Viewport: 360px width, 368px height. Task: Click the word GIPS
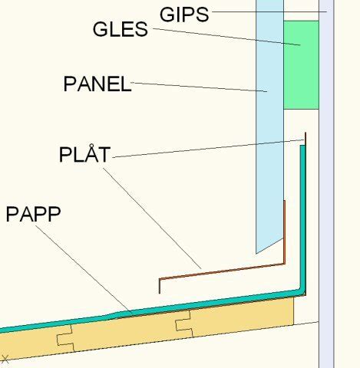click(x=184, y=15)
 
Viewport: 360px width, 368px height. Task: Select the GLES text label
click(x=121, y=29)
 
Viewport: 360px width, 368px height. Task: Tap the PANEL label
click(x=97, y=84)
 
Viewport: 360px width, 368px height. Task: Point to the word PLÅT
click(x=84, y=153)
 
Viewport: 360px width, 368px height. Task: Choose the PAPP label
click(x=33, y=214)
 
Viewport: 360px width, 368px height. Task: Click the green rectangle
click(x=301, y=65)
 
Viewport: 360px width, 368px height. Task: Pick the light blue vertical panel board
click(x=269, y=123)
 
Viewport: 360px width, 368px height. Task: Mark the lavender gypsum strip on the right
click(x=326, y=184)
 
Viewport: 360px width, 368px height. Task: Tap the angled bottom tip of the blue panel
click(x=256, y=253)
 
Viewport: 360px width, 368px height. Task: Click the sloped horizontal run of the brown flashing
click(x=222, y=271)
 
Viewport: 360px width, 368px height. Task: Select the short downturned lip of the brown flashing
click(x=160, y=286)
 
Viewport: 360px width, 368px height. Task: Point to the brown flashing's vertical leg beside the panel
click(x=284, y=232)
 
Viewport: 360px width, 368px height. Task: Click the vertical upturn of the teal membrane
click(x=302, y=217)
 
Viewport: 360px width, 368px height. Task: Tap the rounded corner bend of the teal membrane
click(x=302, y=292)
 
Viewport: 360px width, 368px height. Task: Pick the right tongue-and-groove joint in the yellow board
click(x=184, y=324)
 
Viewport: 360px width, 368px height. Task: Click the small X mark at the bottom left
click(x=5, y=359)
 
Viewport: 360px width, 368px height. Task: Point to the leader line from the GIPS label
click(x=269, y=11)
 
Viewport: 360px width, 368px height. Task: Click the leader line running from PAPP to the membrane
click(x=84, y=269)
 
